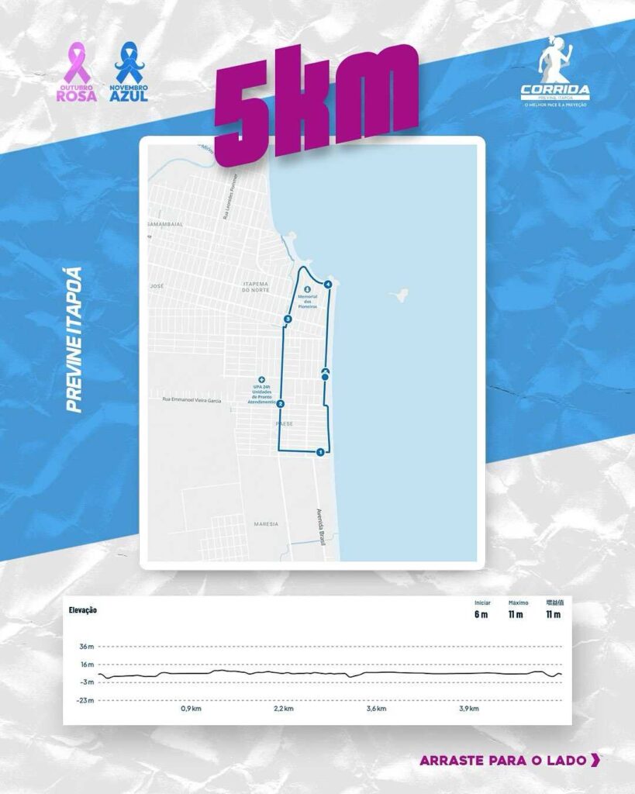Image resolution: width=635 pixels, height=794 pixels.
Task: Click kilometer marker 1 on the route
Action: (x=320, y=452)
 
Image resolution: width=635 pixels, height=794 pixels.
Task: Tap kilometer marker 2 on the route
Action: (x=281, y=403)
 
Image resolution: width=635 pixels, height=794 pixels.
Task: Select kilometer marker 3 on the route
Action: (x=288, y=319)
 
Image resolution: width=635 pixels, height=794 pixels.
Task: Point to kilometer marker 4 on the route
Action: (x=329, y=285)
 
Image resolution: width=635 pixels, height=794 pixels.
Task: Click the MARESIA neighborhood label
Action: (x=266, y=524)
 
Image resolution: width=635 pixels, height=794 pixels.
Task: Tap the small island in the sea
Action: (x=401, y=295)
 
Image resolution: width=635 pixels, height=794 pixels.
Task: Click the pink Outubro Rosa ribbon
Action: (x=77, y=63)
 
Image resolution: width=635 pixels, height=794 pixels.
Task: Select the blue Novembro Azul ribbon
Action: (x=127, y=64)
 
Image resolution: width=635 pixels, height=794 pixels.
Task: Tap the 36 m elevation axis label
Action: (x=86, y=646)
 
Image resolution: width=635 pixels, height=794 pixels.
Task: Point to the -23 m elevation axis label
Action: (x=85, y=700)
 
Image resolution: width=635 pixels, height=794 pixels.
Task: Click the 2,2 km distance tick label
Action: (x=284, y=709)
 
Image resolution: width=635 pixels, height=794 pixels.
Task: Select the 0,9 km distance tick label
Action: (x=191, y=709)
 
